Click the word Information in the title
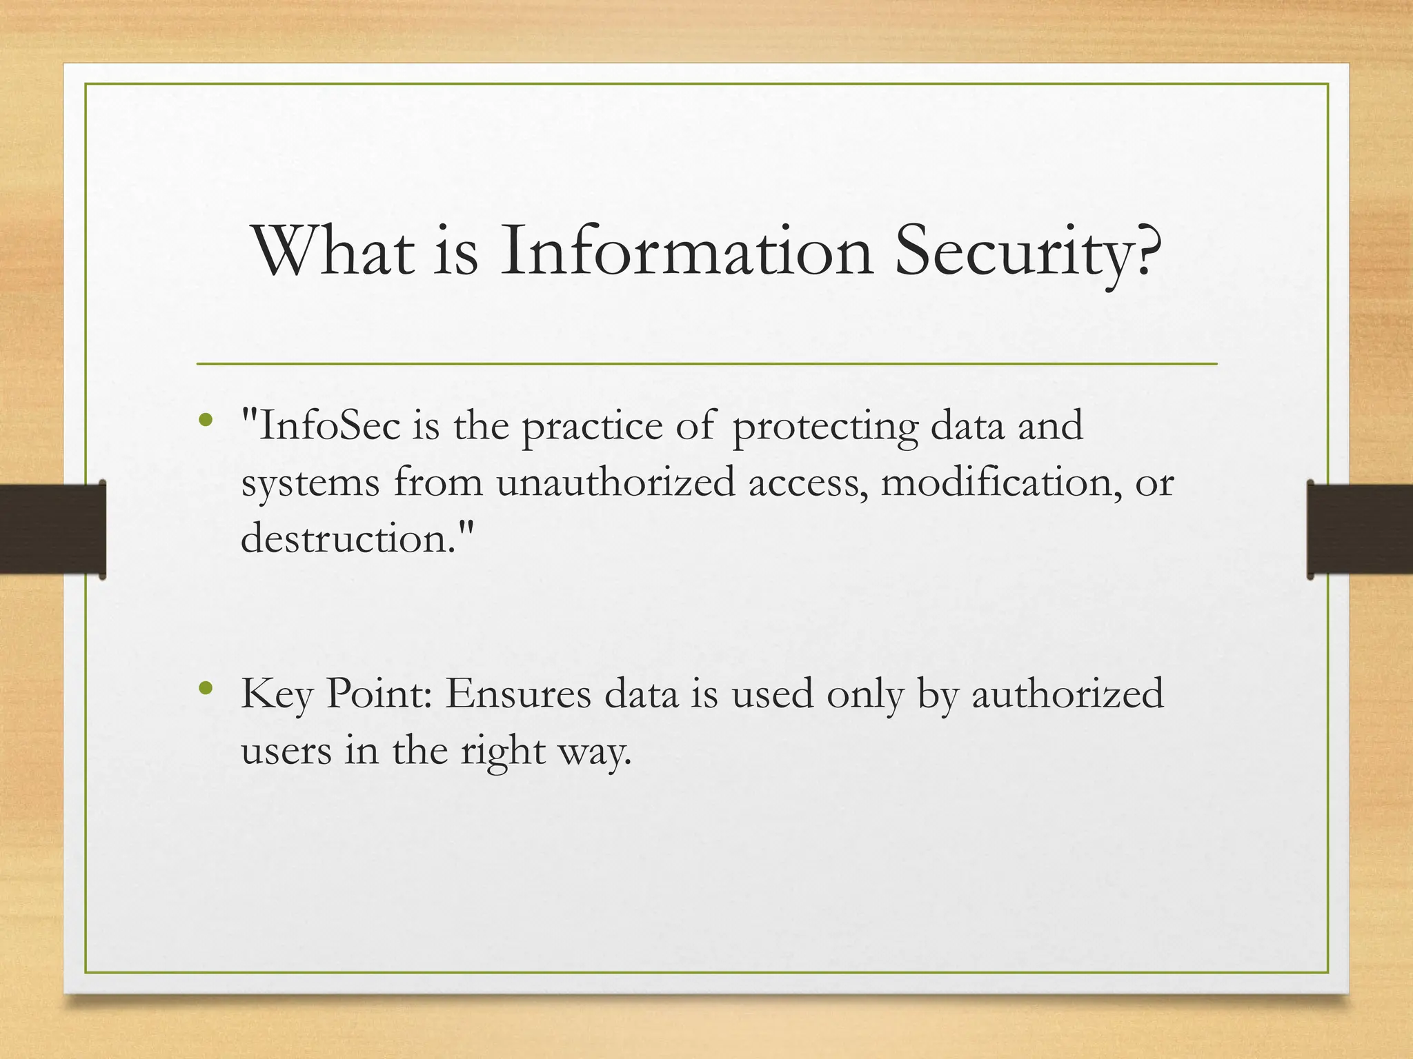pyautogui.click(x=686, y=252)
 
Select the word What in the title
pyautogui.click(x=335, y=252)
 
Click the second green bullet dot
pyautogui.click(x=205, y=687)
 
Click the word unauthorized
pyautogui.click(x=615, y=482)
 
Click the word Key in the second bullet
pyautogui.click(x=276, y=694)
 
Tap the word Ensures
pyautogui.click(x=517, y=693)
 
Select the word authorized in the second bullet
pyautogui.click(x=1067, y=693)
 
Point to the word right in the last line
pyautogui.click(x=503, y=752)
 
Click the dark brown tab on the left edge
pyautogui.click(x=52, y=529)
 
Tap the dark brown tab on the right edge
pyautogui.click(x=1359, y=529)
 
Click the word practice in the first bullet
pyautogui.click(x=592, y=427)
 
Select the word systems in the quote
pyautogui.click(x=310, y=483)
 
